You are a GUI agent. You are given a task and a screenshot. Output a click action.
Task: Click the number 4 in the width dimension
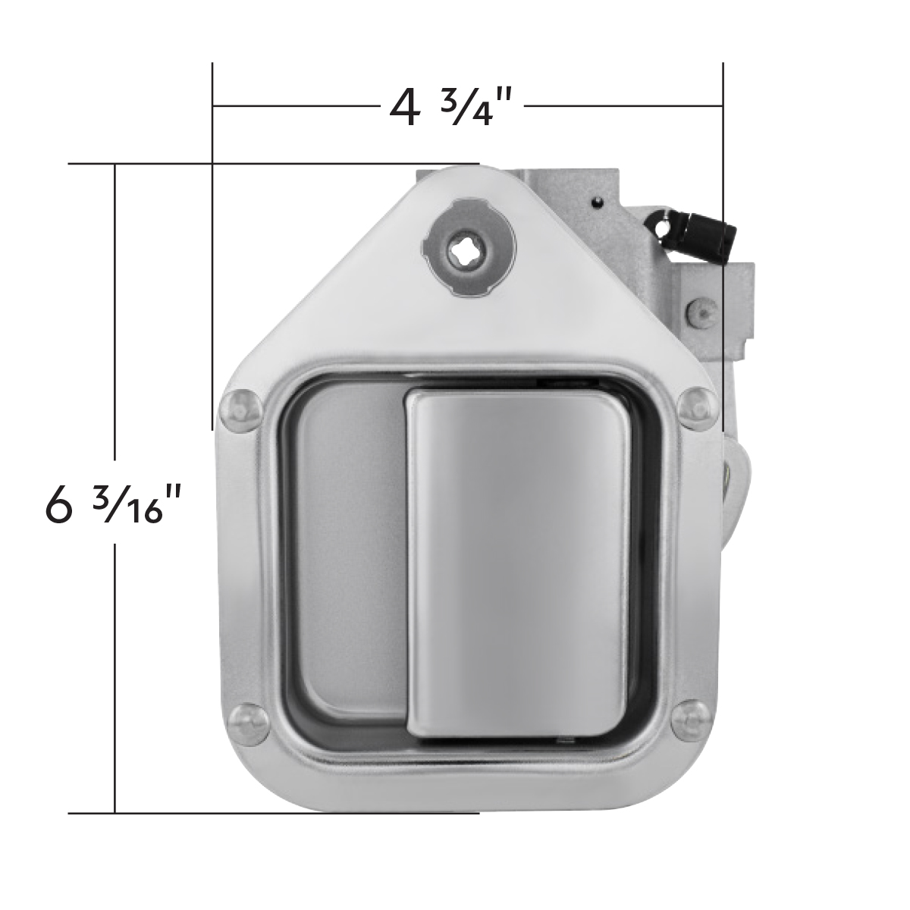pos(403,108)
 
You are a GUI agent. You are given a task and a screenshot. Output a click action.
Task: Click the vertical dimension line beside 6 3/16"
pos(115,645)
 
